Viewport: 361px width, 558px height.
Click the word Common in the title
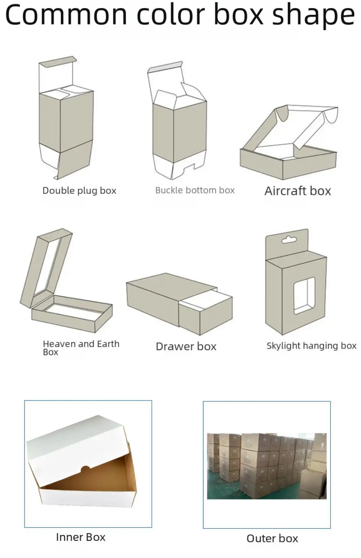point(66,15)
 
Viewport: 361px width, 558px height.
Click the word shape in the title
point(313,16)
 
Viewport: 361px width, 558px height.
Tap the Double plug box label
point(79,191)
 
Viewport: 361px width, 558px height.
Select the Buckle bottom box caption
point(195,190)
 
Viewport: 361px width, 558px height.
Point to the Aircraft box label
point(298,191)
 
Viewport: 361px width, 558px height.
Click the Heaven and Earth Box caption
point(81,348)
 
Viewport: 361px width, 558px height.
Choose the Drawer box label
point(186,347)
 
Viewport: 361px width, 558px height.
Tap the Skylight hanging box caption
point(311,346)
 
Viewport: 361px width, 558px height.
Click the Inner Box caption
point(81,537)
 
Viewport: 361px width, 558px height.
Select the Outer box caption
point(272,539)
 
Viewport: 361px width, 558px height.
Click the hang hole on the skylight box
point(289,240)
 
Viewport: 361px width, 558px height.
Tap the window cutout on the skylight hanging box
point(304,296)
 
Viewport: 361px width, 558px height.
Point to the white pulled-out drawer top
point(206,300)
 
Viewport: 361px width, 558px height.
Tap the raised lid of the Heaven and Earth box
point(46,268)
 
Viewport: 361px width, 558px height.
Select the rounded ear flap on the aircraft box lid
point(282,113)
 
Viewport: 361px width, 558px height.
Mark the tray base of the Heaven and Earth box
point(72,314)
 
